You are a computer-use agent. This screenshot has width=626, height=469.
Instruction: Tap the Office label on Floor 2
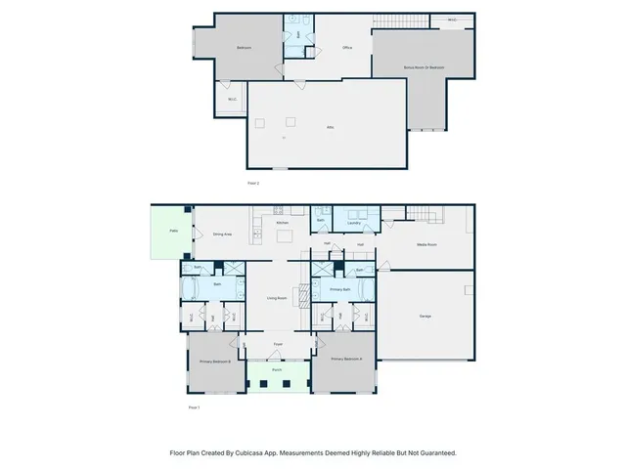tap(346, 48)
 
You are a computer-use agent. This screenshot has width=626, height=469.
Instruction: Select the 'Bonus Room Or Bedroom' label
tap(424, 67)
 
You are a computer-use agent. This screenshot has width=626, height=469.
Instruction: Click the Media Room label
tap(427, 244)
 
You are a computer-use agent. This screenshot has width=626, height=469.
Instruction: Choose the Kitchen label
tap(283, 223)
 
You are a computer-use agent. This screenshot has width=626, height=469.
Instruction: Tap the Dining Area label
tap(222, 234)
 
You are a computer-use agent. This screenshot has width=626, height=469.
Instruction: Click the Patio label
tap(173, 232)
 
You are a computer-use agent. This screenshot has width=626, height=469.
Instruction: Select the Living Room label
tap(277, 299)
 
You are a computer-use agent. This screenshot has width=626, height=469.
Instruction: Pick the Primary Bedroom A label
tap(346, 360)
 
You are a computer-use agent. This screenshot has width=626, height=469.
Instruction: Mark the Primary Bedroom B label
tap(215, 362)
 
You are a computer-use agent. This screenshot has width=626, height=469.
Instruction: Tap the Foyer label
tap(278, 344)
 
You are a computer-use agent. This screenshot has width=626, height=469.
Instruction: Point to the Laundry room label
tap(354, 223)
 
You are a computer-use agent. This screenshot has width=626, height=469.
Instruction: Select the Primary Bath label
tap(339, 290)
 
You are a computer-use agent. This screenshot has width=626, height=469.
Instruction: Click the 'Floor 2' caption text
tap(252, 183)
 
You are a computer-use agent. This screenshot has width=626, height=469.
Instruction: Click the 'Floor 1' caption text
tap(193, 406)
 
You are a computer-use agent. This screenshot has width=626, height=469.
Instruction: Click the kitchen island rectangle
tap(284, 236)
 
